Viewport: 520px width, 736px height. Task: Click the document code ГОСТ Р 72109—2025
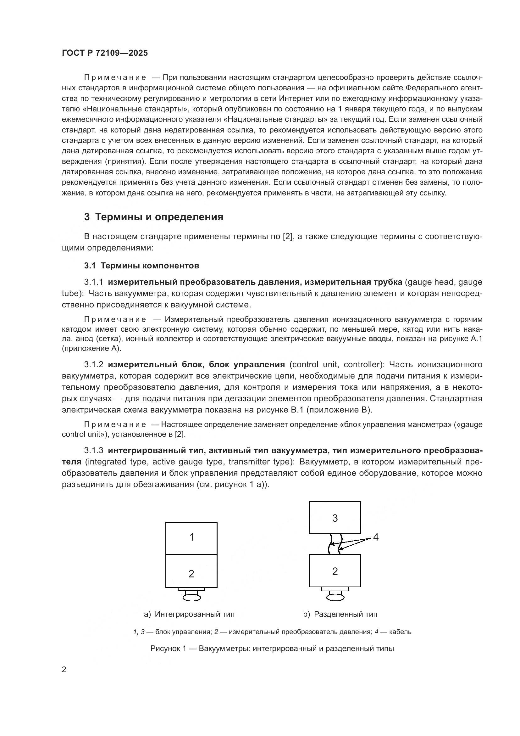(105, 53)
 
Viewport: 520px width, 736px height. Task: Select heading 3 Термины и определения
(154, 217)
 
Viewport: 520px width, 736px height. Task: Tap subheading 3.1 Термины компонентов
(141, 266)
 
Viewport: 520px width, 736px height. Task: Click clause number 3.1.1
(93, 282)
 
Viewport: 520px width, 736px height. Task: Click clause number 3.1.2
(93, 364)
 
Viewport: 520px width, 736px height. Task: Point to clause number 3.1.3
(93, 450)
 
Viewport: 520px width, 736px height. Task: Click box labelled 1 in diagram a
(191, 537)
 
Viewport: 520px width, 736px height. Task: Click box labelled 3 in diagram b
(335, 518)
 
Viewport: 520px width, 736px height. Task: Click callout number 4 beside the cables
(376, 537)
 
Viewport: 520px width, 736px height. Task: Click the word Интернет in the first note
(294, 98)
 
